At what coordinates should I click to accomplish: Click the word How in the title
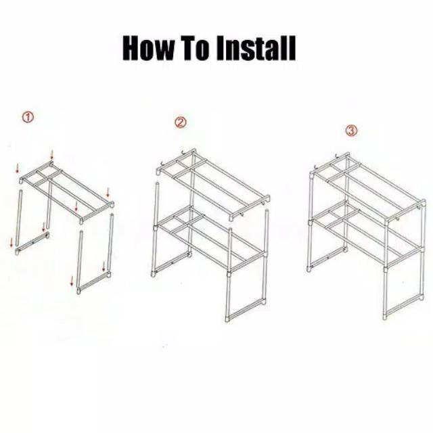[x=148, y=48]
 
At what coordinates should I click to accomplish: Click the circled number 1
[x=28, y=117]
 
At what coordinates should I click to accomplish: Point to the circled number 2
[x=181, y=122]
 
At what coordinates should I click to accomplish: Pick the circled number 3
[x=351, y=130]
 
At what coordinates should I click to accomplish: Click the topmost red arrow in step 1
[x=51, y=154]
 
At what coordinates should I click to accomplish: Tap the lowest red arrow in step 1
[x=72, y=281]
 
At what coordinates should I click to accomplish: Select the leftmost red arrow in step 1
[x=12, y=242]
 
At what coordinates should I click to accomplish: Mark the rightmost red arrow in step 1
[x=108, y=192]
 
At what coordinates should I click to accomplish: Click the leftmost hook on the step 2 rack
[x=162, y=164]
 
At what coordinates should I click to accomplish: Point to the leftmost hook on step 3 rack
[x=317, y=167]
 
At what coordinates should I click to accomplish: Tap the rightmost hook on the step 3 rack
[x=398, y=219]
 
